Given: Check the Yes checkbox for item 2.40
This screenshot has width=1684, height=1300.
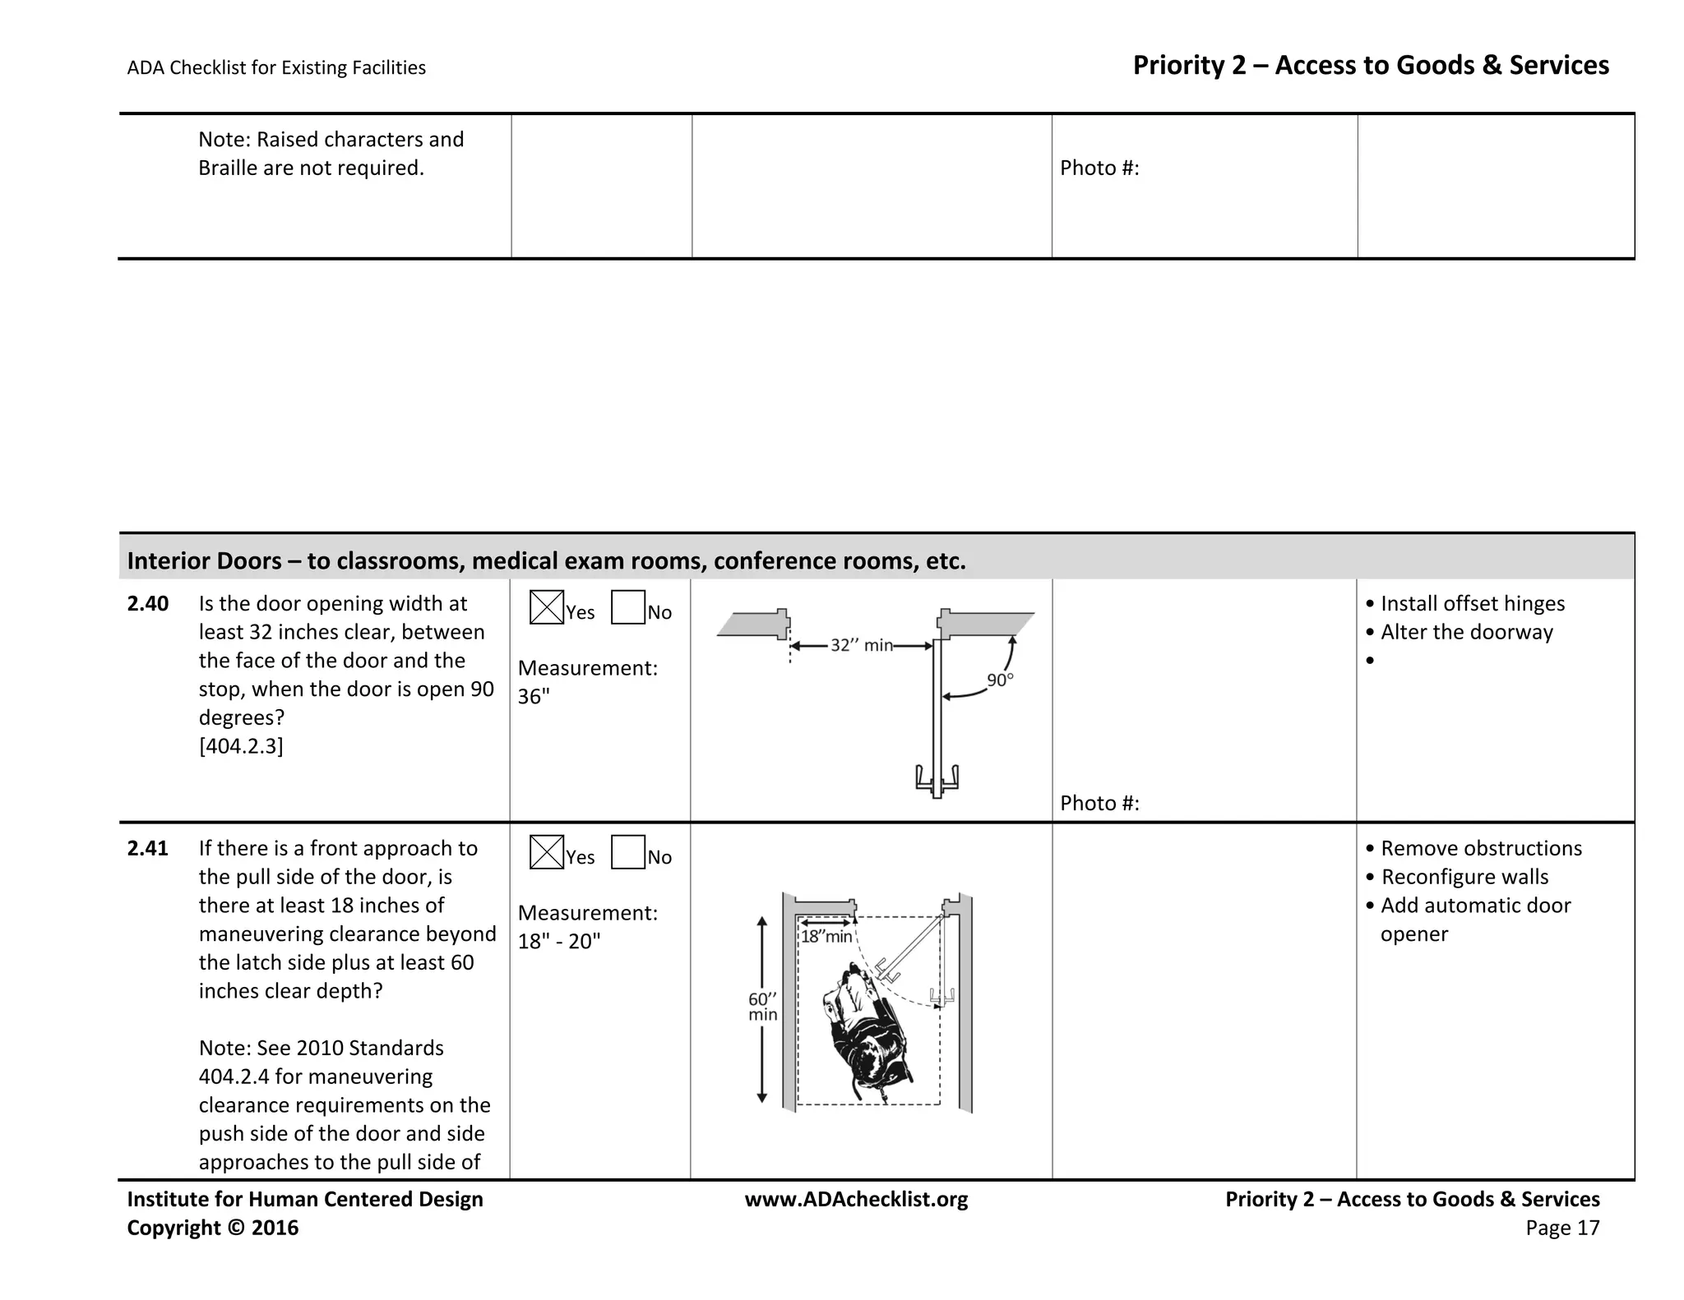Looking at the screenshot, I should (547, 607).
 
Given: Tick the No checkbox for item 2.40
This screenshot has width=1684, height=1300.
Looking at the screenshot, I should (627, 607).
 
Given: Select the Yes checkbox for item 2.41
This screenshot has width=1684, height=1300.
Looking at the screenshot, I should (547, 852).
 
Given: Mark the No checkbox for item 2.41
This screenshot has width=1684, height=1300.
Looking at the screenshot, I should (627, 852).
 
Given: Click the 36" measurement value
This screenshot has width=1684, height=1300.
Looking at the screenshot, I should (534, 697).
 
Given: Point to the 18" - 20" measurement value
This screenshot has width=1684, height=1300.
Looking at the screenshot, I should (559, 942).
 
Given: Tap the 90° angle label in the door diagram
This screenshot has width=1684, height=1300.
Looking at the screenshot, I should (1000, 680).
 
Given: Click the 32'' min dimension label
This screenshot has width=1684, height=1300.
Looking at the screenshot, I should (861, 646).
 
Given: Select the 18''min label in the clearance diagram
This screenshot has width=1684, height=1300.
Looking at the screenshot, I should (826, 937).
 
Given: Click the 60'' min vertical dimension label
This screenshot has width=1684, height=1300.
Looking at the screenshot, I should (762, 1007).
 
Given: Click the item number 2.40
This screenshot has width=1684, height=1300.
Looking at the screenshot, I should (148, 604).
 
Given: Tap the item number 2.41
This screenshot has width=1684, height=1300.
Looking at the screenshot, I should (148, 849).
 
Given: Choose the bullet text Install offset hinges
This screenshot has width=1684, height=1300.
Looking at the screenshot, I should (1472, 604).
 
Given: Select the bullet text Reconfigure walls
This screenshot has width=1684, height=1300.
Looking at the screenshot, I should (1464, 878).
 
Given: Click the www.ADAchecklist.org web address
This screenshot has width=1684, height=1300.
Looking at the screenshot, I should (856, 1200).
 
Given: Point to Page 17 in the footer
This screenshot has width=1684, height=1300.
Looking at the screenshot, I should (1562, 1229).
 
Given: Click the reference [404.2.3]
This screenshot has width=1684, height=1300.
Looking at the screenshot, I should (241, 746).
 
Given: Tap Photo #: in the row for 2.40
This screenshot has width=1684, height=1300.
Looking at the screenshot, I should (1099, 804).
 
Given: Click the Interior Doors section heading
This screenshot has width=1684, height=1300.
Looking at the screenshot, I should (546, 561).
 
